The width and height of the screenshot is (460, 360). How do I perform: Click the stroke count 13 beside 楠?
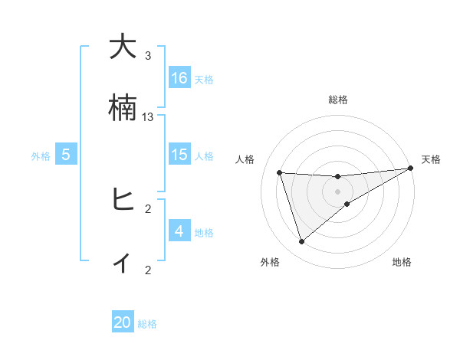point(148,117)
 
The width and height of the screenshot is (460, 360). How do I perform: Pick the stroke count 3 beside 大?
point(148,56)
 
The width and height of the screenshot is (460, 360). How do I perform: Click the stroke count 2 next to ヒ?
point(148,208)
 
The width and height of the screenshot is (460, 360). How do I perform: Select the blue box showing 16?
point(179,78)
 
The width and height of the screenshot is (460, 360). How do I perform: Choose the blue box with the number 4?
point(179,231)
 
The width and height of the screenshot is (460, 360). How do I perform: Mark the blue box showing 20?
point(123,322)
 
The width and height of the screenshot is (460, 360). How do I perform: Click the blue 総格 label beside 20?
point(147,324)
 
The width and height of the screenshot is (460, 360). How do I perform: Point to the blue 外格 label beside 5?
point(41,156)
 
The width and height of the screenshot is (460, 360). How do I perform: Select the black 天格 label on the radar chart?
point(431,159)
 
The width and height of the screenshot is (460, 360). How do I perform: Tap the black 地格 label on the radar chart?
point(402,263)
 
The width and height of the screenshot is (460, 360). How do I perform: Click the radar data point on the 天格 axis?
point(410,169)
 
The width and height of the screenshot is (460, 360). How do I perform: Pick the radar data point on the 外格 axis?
point(301,242)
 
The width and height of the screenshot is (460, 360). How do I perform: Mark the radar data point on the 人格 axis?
point(280,172)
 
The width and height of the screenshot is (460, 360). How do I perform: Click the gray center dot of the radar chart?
point(337,191)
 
